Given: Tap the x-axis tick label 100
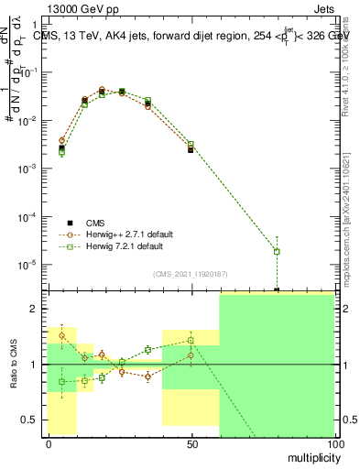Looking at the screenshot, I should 334,443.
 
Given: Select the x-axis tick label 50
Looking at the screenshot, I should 191,443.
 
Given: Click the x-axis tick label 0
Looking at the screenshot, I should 48,443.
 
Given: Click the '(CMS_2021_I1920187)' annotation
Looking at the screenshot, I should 191,273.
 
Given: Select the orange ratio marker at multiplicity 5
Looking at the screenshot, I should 61,336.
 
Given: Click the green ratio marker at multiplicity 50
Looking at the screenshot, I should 191,340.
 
